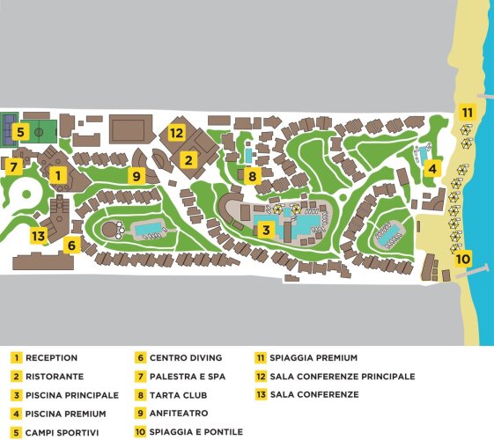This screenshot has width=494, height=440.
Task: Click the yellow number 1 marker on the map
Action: point(58,175)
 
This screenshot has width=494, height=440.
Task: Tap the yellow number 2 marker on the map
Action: point(188,160)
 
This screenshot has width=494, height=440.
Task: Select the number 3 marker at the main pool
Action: point(266,230)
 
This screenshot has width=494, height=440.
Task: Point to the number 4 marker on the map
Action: point(432,168)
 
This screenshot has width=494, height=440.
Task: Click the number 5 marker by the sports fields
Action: point(21,131)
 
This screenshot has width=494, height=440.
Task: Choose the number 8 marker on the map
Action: point(253,176)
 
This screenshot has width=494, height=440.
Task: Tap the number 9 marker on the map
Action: point(136,176)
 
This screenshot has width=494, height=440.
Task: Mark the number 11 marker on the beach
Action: point(468,112)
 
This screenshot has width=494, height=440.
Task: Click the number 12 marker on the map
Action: point(177,133)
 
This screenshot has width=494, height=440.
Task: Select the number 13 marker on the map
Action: point(39,235)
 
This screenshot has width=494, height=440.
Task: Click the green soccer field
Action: point(39,132)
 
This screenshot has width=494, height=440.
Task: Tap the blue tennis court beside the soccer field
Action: point(10,130)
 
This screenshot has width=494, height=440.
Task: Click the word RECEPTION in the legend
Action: point(51,358)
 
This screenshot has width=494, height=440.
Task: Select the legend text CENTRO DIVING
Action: point(186,358)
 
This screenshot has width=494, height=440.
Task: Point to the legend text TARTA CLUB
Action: point(179,395)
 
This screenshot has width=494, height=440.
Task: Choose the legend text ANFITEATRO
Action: point(179,414)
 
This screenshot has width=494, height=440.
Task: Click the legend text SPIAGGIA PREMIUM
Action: point(313,358)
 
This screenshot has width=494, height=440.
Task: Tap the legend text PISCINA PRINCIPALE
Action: point(72,395)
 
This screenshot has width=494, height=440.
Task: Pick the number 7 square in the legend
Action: point(141,377)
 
